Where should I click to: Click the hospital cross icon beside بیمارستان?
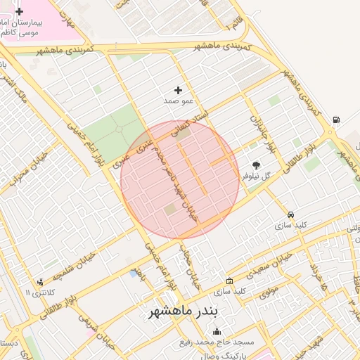click(19, 12)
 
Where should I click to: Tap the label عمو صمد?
click(178, 101)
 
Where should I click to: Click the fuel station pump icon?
click(337, 120)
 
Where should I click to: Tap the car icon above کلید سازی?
click(290, 214)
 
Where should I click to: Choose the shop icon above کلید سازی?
click(230, 281)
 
